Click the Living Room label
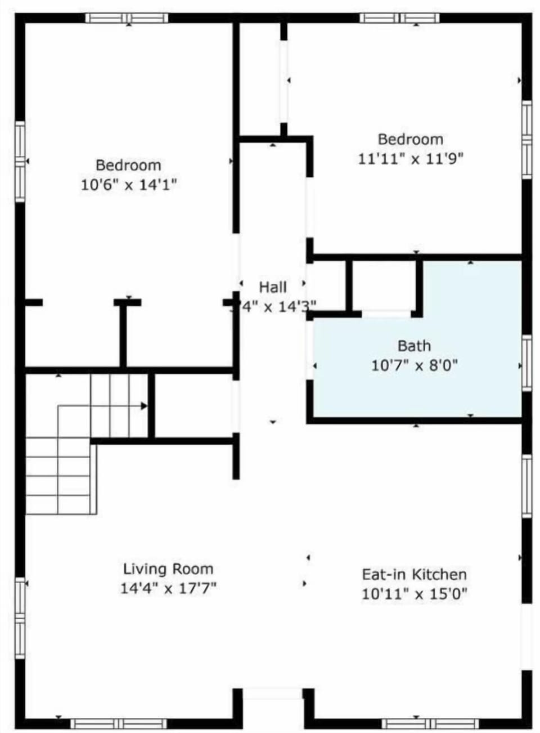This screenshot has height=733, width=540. click(x=168, y=569)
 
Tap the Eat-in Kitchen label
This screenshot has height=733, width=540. click(x=414, y=574)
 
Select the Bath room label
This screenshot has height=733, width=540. click(x=414, y=346)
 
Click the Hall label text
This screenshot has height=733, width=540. click(x=273, y=287)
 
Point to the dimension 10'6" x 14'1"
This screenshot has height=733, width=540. click(x=129, y=185)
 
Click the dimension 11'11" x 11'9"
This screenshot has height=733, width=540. click(x=411, y=159)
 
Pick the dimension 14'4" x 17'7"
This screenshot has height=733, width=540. click(x=168, y=588)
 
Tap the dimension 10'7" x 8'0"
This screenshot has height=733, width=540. click(x=414, y=365)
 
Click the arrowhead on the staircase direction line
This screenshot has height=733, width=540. click(x=144, y=405)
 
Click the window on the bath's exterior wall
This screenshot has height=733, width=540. click(x=526, y=363)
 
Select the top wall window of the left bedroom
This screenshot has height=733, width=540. click(x=127, y=18)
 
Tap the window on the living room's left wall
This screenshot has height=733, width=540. click(x=20, y=618)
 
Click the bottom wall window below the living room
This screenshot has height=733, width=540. click(x=119, y=723)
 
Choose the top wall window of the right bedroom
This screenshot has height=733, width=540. click(x=400, y=18)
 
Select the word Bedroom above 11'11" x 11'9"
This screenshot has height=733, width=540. click(x=411, y=139)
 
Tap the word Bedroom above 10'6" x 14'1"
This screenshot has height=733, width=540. click(x=128, y=165)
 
